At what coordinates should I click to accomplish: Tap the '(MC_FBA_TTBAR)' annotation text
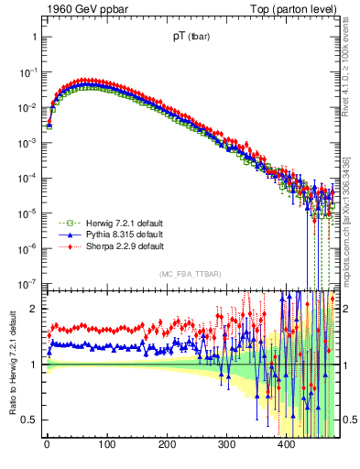tap(189, 275)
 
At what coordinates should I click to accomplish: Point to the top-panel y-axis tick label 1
tap(34, 38)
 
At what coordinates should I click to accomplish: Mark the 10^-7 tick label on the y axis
tap(27, 283)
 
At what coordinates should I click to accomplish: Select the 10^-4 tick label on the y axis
tap(27, 178)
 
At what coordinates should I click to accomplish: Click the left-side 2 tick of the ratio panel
tap(34, 309)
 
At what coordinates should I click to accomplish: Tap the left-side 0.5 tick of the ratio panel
tap(29, 420)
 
